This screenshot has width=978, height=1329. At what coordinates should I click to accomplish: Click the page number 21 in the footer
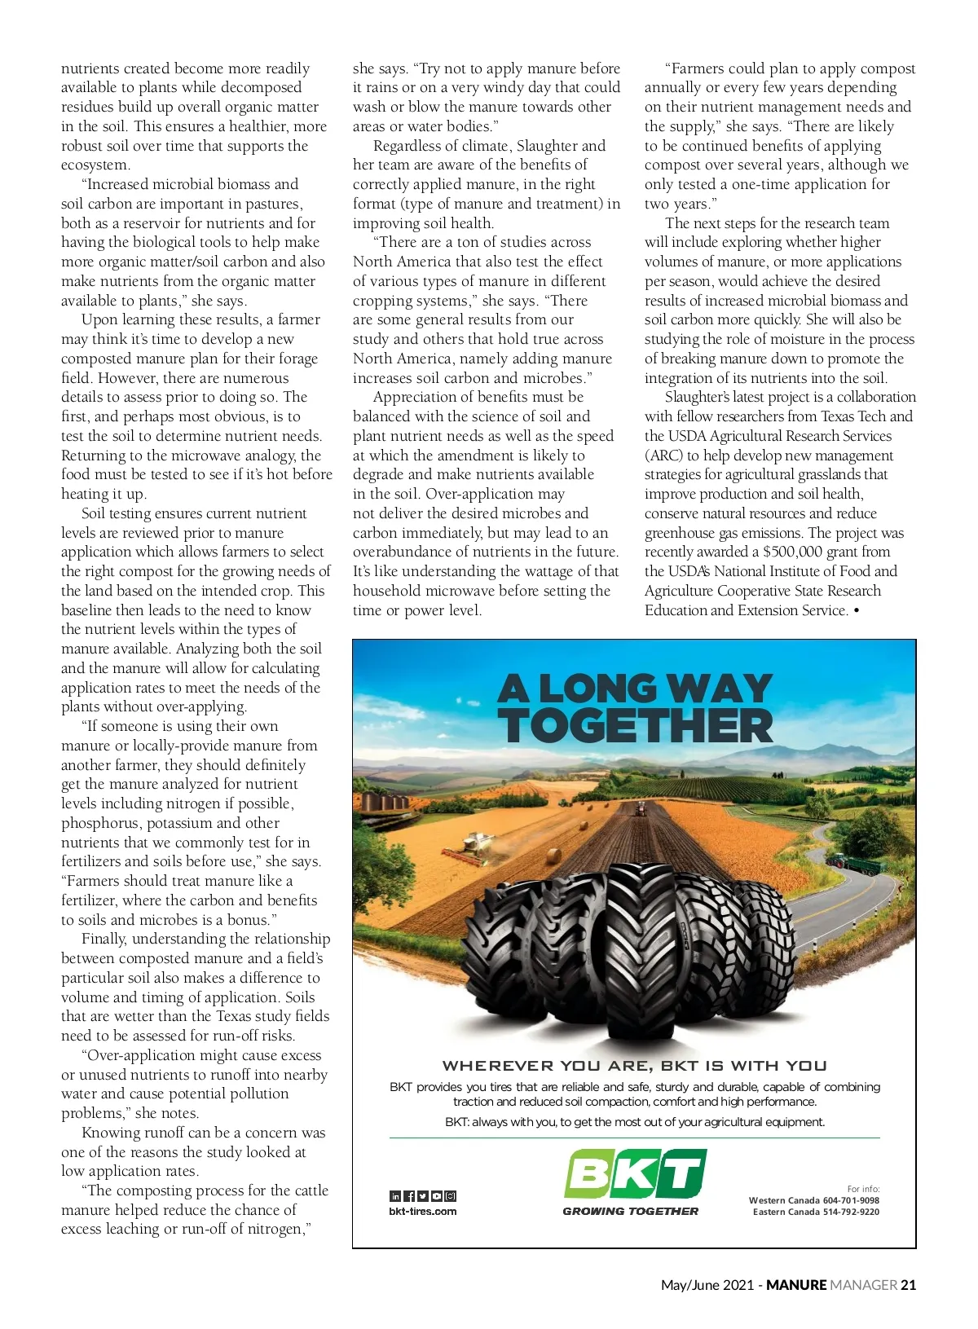908,1285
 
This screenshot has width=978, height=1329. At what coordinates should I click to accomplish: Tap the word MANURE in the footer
796,1285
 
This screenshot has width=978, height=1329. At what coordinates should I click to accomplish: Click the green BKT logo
635,1174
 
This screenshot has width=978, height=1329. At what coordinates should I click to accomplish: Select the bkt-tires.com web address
423,1212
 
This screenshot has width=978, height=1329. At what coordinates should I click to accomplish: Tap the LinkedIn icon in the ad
395,1196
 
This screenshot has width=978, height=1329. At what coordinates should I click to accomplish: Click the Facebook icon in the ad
409,1196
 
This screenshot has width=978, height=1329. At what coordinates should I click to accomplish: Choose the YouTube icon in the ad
437,1196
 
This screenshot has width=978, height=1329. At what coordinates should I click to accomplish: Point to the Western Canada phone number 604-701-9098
851,1200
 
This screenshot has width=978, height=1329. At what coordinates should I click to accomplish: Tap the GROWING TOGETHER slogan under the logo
630,1212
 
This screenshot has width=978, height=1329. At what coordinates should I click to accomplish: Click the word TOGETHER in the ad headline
635,726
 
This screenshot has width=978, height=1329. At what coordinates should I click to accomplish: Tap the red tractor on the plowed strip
641,809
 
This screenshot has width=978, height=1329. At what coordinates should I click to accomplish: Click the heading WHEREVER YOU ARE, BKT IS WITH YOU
635,1066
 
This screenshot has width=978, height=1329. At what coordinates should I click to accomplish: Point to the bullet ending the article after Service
856,610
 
